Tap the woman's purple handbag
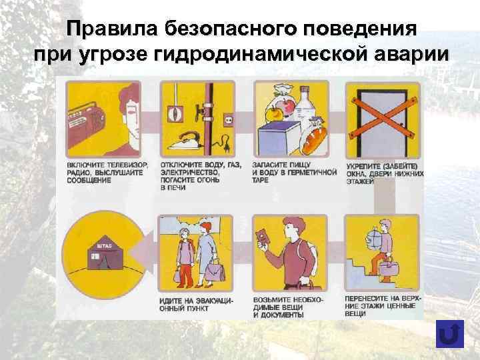pyautogui.click(x=215, y=270)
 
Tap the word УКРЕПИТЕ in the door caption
pyautogui.click(x=364, y=165)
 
